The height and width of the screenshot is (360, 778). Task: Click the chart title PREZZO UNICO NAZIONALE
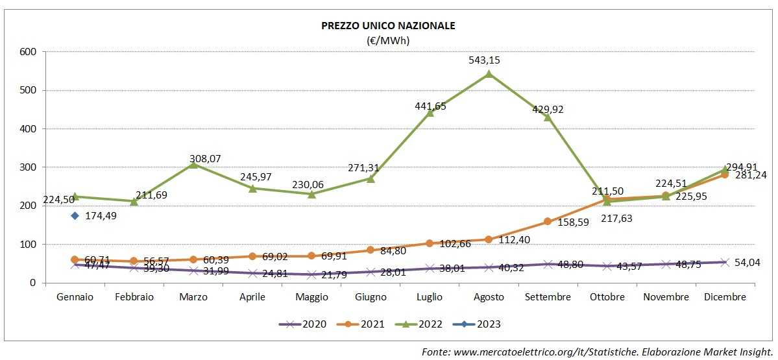coord(388,26)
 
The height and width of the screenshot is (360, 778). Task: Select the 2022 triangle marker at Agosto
coord(489,74)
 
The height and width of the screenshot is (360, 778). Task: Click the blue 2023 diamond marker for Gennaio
coord(75,215)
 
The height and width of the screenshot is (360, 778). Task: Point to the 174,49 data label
coord(101,215)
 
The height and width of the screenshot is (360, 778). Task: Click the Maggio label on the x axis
coord(311,297)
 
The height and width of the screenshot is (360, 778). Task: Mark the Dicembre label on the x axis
coord(724,297)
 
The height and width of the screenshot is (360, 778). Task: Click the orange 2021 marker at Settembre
coord(548,221)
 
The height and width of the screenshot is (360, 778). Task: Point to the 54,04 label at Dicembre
coord(748,262)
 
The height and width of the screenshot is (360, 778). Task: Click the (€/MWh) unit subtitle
coord(388,40)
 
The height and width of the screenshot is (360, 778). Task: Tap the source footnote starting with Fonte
coord(596,351)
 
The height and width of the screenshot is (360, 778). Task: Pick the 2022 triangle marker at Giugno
coord(371,178)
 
